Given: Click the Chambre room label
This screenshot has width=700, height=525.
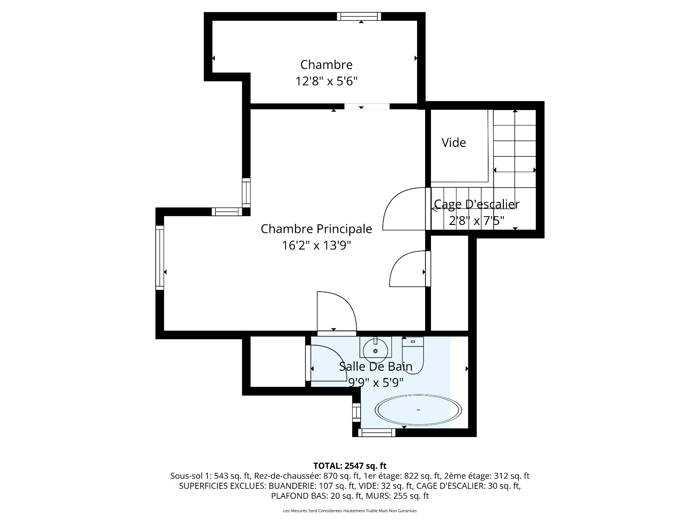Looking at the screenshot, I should pos(326,65).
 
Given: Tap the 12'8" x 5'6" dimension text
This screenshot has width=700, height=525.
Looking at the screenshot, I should pos(326,81).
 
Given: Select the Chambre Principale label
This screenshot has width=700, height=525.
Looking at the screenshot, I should pos(316,229).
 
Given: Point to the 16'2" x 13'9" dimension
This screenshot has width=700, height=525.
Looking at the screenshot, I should pos(316,245).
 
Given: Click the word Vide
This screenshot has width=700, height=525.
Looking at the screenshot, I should pos(454,143).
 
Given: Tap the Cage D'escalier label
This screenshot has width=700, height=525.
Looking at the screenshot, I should pos(477,204).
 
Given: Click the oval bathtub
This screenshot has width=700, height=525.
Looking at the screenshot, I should pos(418,410).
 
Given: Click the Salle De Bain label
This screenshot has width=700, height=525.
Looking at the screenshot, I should pos(376,366).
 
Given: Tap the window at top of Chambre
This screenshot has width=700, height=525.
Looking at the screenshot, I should pos(359,16).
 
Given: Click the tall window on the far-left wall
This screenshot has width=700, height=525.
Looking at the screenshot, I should pos(160,257).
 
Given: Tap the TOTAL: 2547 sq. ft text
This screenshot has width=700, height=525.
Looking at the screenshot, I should pos(350,466).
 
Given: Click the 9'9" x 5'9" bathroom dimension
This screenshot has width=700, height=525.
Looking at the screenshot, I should pos(376,383).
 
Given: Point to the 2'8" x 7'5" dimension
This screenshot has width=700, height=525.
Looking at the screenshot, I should pos(477,221).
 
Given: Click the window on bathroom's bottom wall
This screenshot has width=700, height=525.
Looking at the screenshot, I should pos(377,433).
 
